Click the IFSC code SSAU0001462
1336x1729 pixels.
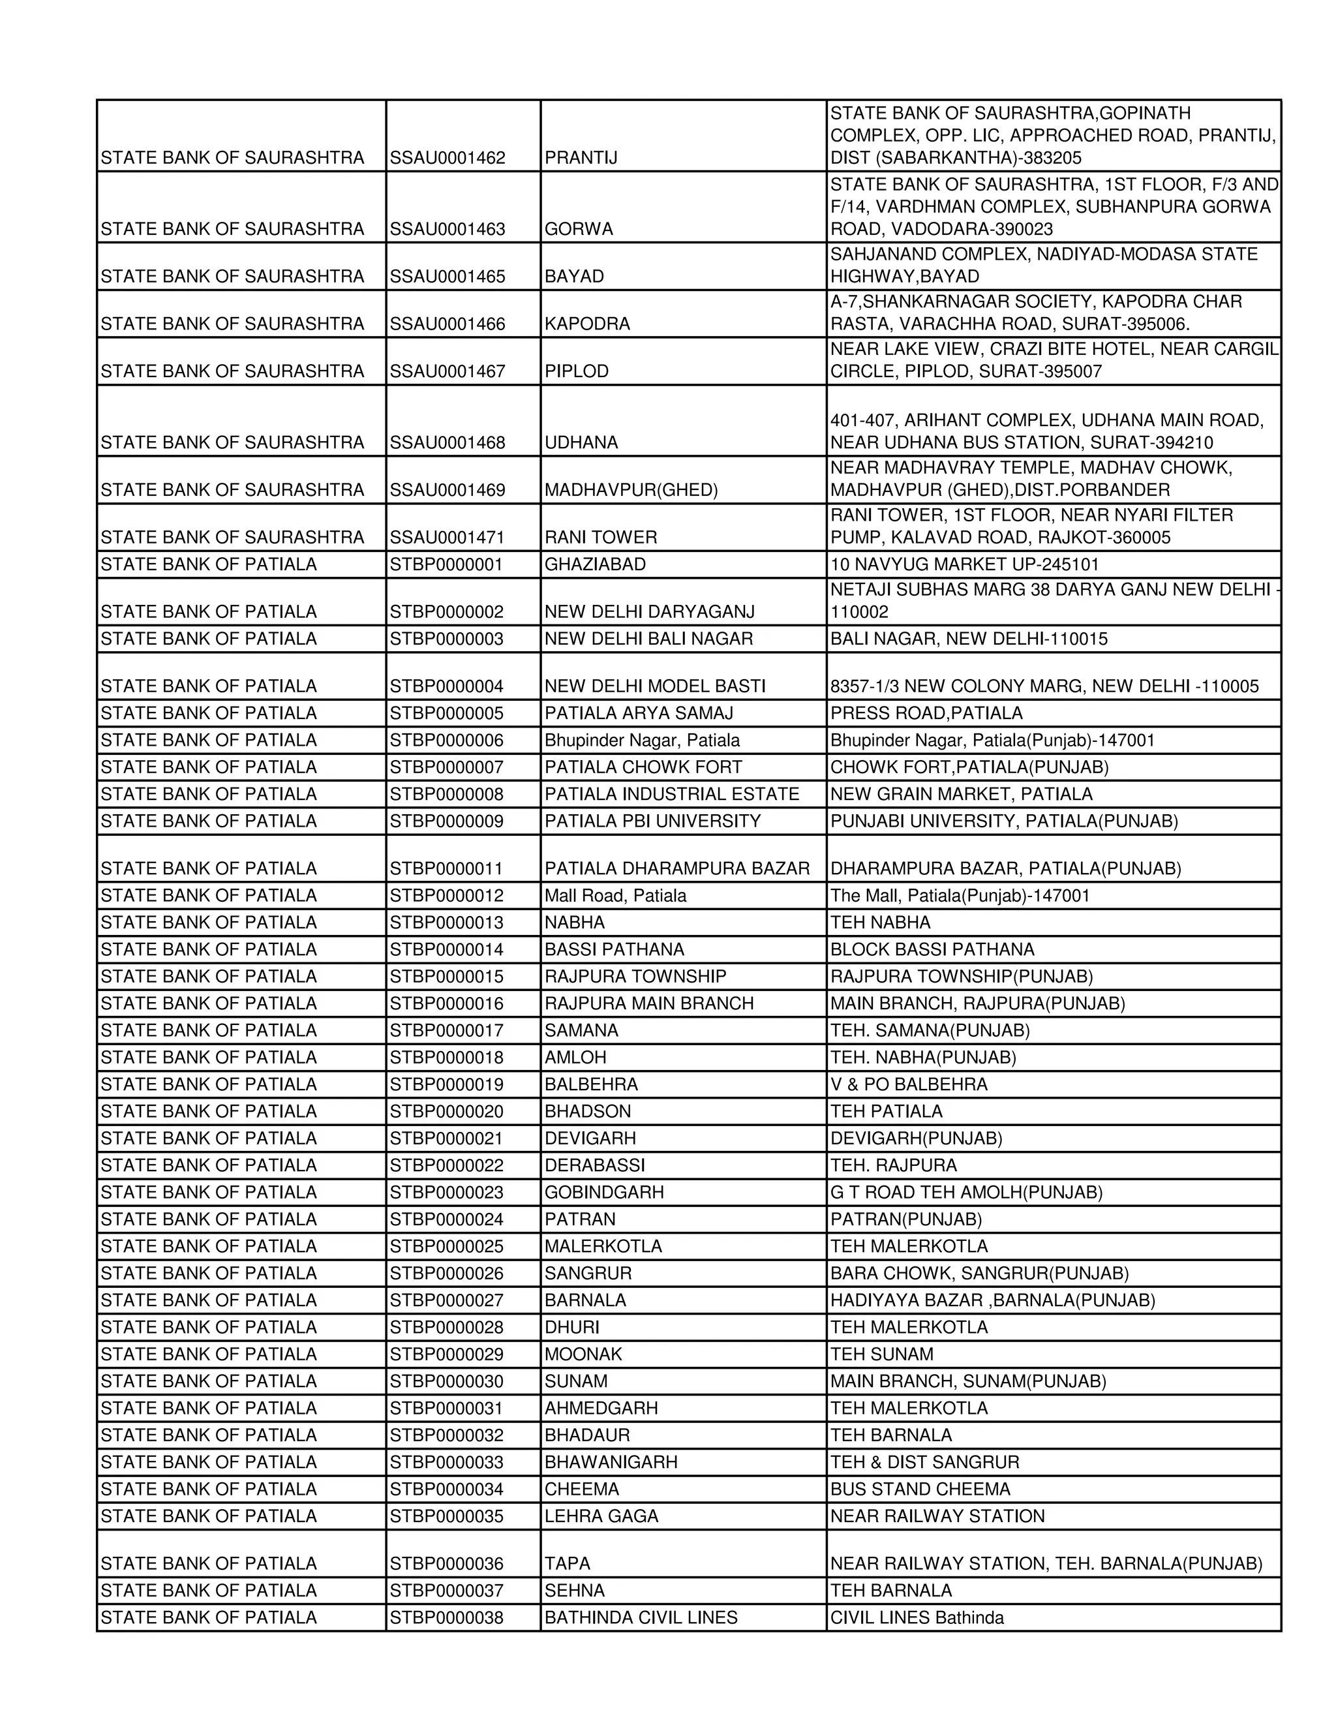click(x=447, y=157)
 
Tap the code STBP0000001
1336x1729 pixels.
click(x=446, y=564)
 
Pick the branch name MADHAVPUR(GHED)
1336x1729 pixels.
click(x=631, y=490)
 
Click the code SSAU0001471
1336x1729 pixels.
click(x=447, y=538)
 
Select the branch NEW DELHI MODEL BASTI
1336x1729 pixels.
click(x=654, y=686)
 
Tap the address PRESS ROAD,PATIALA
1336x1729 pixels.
click(x=926, y=713)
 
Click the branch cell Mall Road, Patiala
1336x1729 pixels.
click(x=615, y=895)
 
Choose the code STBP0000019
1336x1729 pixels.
click(x=446, y=1084)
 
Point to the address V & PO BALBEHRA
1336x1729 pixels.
click(x=909, y=1084)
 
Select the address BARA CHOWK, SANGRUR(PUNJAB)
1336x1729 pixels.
click(x=979, y=1273)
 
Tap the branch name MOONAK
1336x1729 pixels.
click(x=583, y=1354)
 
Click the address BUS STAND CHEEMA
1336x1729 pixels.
click(x=920, y=1489)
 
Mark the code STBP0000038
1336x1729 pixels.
click(x=446, y=1618)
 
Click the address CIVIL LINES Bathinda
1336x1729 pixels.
click(x=917, y=1618)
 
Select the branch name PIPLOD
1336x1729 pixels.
click(x=576, y=371)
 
